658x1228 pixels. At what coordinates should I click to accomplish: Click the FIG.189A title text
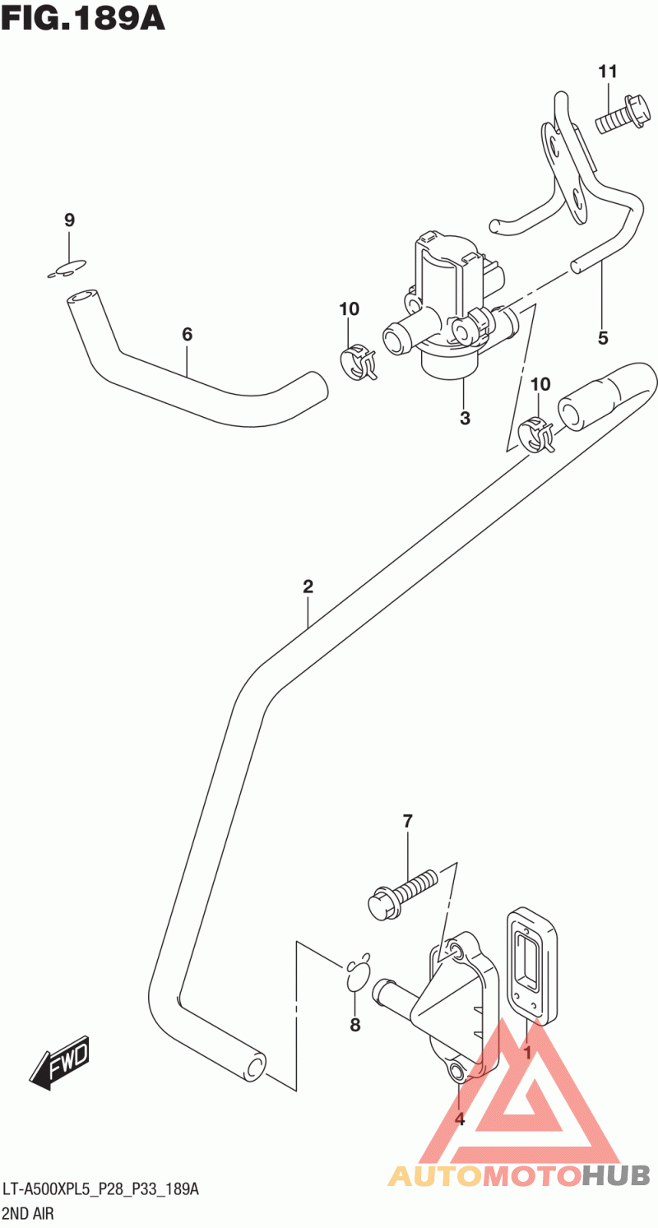(83, 17)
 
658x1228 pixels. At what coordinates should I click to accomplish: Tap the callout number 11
(607, 72)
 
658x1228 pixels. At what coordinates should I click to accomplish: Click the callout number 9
(70, 220)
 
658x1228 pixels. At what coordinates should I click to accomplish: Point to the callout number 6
(187, 334)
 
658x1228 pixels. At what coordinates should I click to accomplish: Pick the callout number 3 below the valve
(465, 418)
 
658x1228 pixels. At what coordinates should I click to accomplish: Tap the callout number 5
(603, 336)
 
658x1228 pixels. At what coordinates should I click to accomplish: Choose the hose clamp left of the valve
(358, 361)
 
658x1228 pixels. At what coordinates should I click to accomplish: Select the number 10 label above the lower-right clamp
(540, 384)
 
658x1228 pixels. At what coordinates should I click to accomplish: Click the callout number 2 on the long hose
(308, 586)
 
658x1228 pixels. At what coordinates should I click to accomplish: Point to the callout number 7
(408, 820)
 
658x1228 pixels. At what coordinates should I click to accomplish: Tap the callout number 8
(355, 1025)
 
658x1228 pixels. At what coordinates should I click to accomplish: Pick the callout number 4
(460, 1119)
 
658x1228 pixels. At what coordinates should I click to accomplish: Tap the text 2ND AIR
(28, 1213)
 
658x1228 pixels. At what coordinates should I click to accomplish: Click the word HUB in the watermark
(617, 1175)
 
